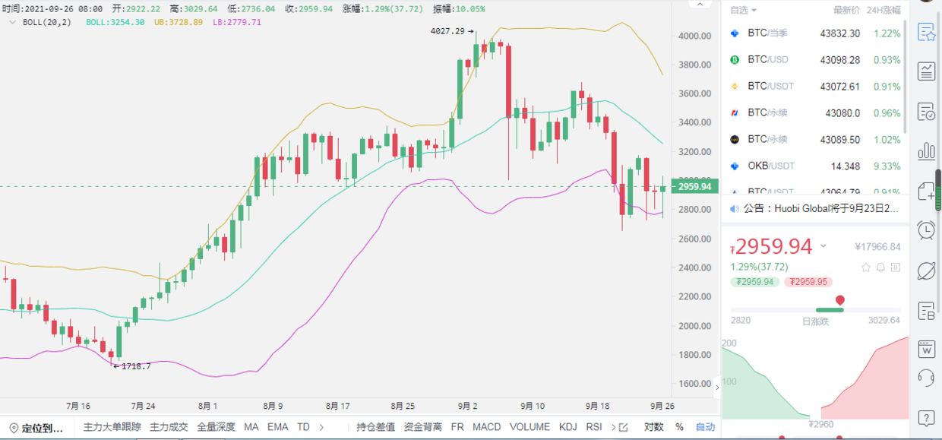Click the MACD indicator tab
486,427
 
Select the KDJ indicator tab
567,427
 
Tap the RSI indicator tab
594,427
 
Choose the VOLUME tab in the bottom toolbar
529,427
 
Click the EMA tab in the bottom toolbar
277,427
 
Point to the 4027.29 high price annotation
447,31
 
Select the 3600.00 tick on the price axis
695,93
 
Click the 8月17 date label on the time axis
337,406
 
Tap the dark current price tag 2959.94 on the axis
694,187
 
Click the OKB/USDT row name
770,166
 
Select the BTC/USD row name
767,59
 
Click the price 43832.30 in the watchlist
840,33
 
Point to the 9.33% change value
887,166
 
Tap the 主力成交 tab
169,427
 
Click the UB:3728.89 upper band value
178,22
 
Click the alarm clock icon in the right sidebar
926,229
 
